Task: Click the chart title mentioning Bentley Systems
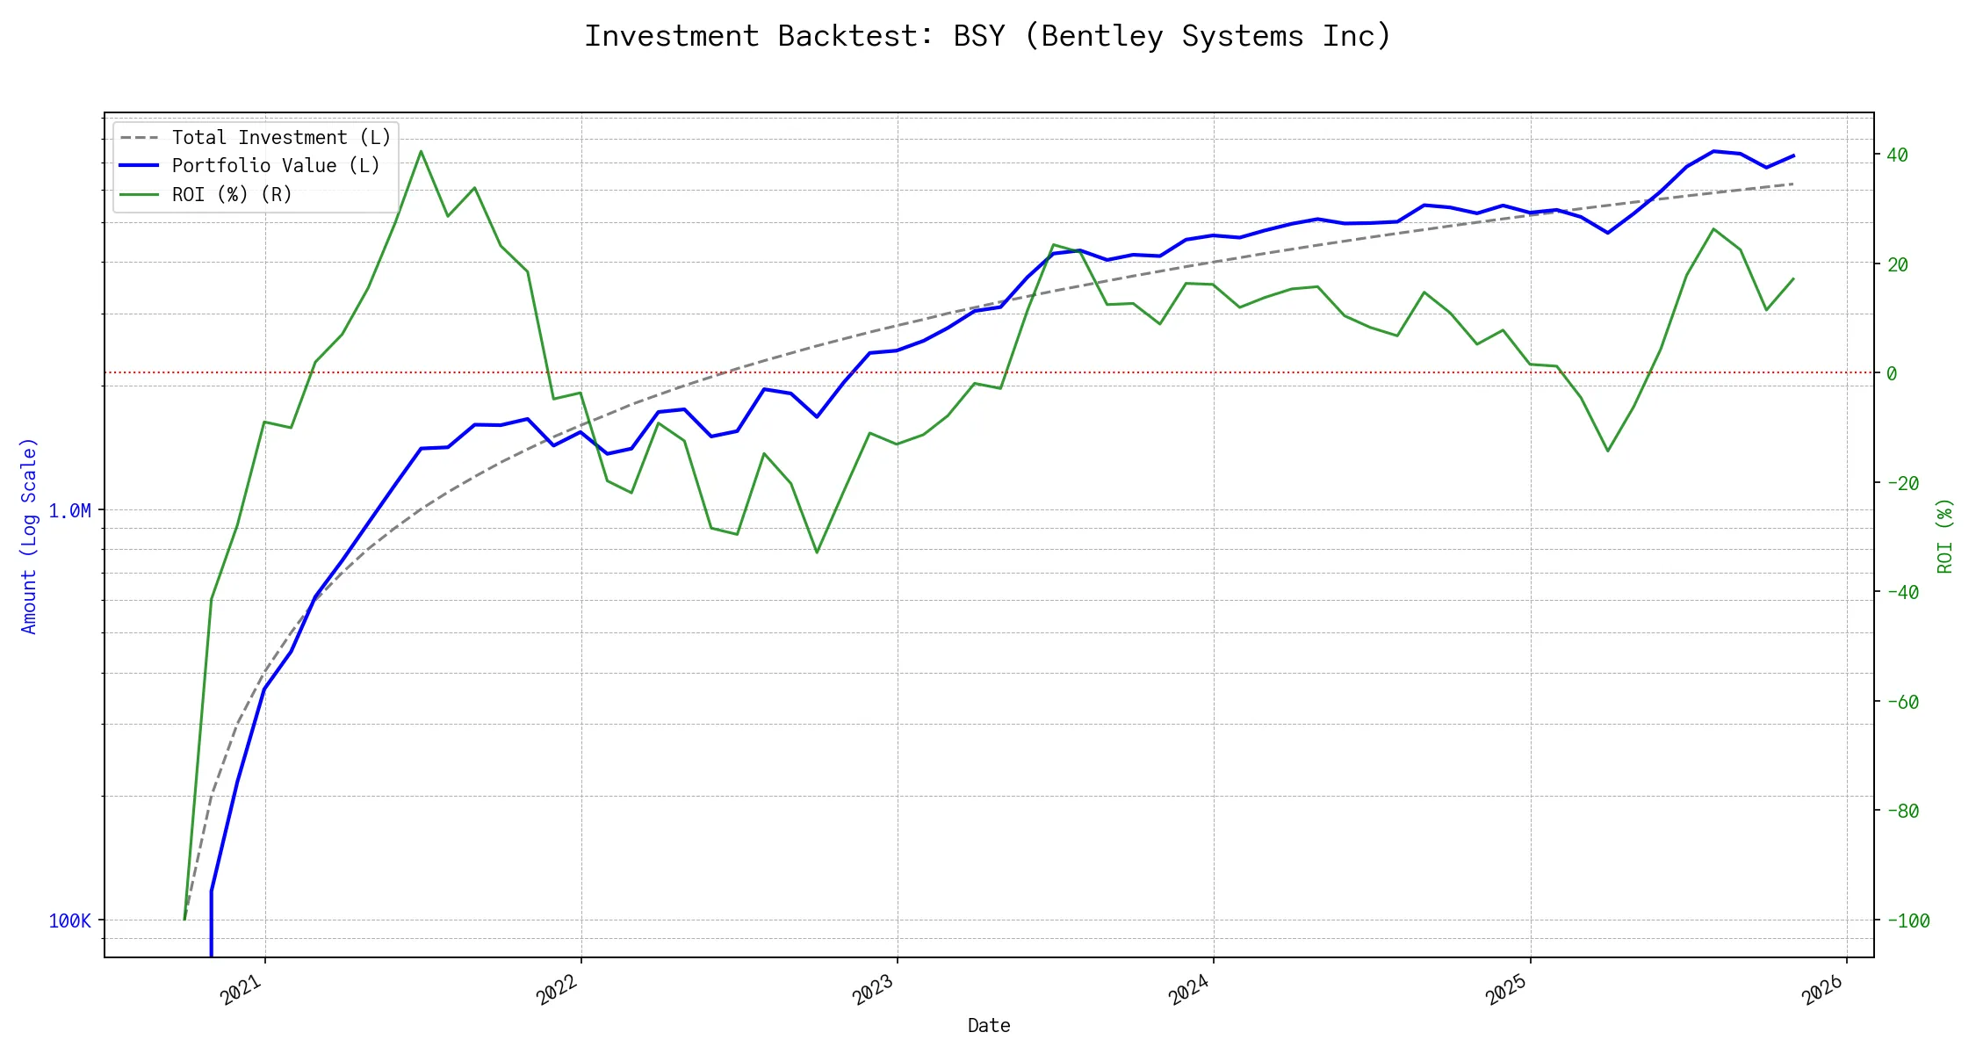click(988, 36)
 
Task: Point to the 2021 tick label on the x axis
click(242, 990)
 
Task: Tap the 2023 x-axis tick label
click(873, 990)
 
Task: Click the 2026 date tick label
click(1822, 990)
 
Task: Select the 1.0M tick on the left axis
click(69, 510)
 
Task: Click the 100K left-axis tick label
click(69, 920)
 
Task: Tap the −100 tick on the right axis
click(1907, 920)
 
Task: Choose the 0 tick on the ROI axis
click(1892, 373)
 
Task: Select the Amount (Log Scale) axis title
click(29, 536)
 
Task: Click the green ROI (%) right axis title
click(1945, 536)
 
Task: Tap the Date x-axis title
click(989, 1025)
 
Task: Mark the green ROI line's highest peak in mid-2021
click(422, 151)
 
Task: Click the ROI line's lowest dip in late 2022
click(817, 552)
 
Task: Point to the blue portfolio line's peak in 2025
click(1713, 151)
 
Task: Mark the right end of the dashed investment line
click(1792, 184)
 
